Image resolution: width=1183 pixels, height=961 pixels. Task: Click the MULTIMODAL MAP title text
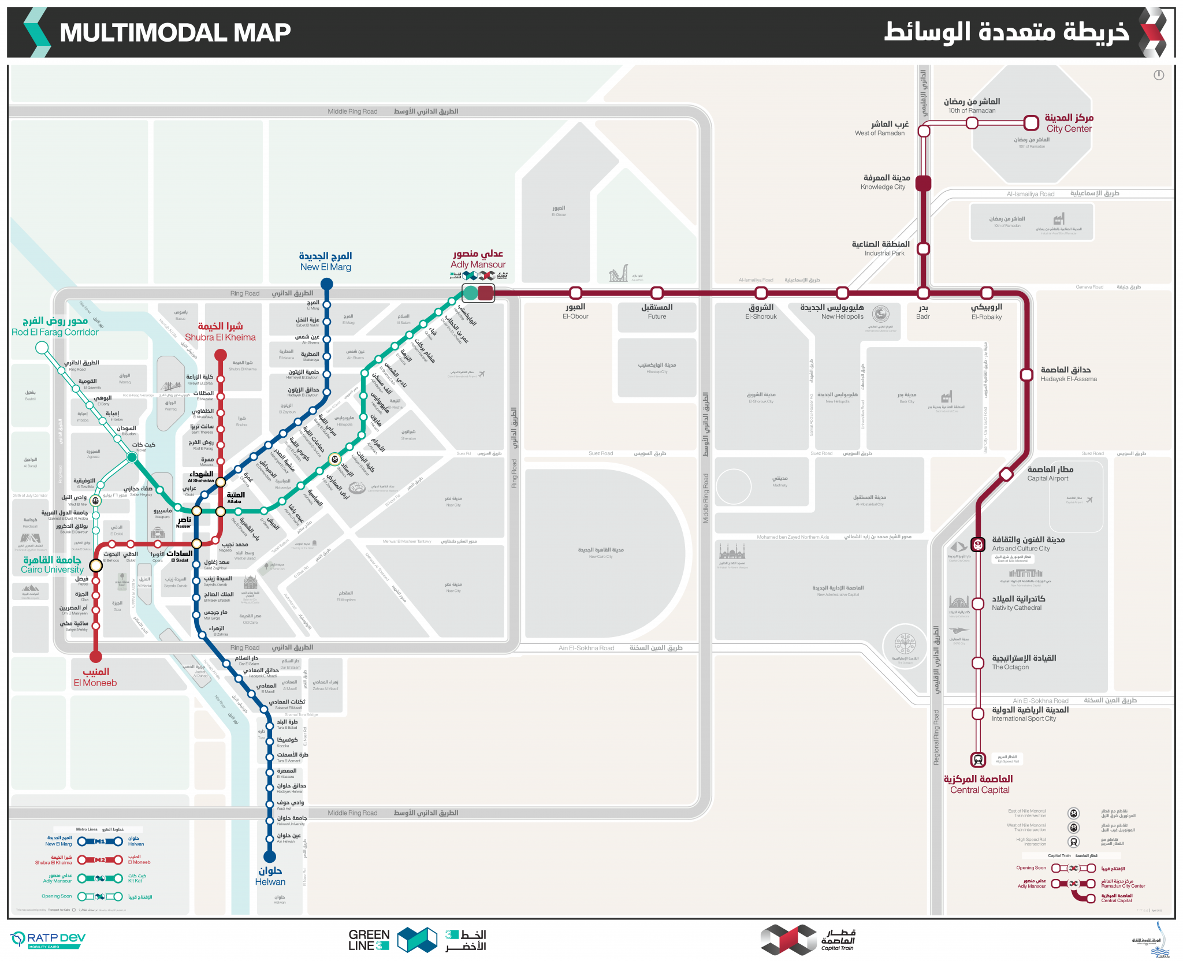click(175, 32)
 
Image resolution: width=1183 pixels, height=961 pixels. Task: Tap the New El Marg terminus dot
click(326, 284)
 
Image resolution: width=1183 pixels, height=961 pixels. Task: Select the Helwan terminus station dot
click(269, 856)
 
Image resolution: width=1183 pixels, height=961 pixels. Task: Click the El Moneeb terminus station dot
click(96, 656)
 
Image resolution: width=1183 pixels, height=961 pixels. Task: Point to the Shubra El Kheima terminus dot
click(221, 354)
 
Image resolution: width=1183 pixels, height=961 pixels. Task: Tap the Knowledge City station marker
click(923, 183)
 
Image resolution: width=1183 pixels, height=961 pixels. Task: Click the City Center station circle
click(1031, 122)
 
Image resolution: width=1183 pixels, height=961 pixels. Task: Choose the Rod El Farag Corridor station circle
click(42, 347)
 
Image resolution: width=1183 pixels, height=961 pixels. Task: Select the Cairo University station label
click(52, 564)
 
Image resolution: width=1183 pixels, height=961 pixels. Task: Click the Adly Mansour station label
click(478, 259)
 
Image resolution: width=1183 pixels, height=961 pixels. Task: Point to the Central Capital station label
click(979, 784)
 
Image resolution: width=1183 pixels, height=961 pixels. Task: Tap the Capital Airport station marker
click(1006, 474)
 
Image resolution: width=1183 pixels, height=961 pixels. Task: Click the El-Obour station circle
click(575, 293)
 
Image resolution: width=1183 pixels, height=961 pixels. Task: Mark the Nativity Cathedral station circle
click(978, 604)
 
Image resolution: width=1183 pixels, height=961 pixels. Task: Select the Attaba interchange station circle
click(221, 511)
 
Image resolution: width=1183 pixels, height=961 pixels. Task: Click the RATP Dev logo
click(49, 939)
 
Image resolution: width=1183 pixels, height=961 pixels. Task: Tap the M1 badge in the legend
click(100, 841)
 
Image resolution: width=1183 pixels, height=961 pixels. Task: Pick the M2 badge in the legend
click(100, 860)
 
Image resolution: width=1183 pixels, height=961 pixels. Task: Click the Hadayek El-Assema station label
click(1068, 374)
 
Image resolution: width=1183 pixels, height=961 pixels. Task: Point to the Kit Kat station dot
click(132, 457)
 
